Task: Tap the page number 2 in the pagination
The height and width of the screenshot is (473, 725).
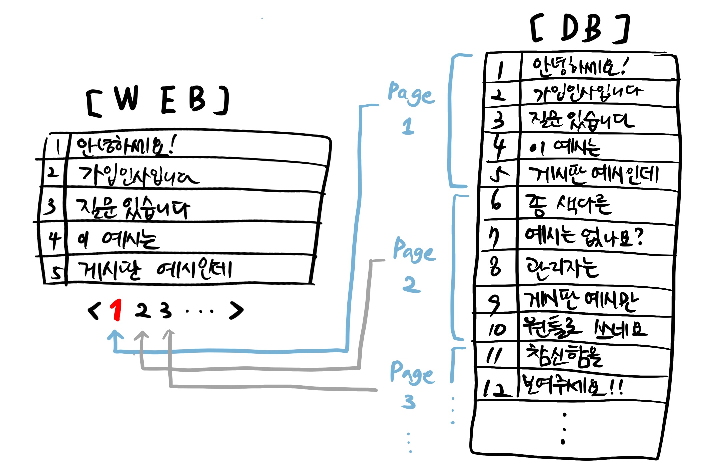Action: (x=143, y=310)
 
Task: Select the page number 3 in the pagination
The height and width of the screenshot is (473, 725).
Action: (x=166, y=310)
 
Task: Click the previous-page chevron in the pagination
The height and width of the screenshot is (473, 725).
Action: (x=94, y=311)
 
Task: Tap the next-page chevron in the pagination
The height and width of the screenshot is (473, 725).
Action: (x=236, y=311)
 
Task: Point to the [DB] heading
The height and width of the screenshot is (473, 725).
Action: (x=581, y=29)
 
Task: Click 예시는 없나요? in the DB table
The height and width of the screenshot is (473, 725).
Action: (x=584, y=236)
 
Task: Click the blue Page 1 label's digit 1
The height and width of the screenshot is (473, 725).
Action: (x=408, y=126)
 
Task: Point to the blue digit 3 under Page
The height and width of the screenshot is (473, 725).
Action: (x=409, y=401)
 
